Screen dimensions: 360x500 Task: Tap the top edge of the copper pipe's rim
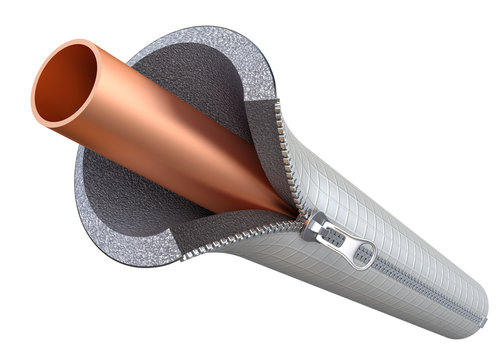(x=75, y=42)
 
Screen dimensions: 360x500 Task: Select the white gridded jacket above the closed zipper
(x=400, y=230)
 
